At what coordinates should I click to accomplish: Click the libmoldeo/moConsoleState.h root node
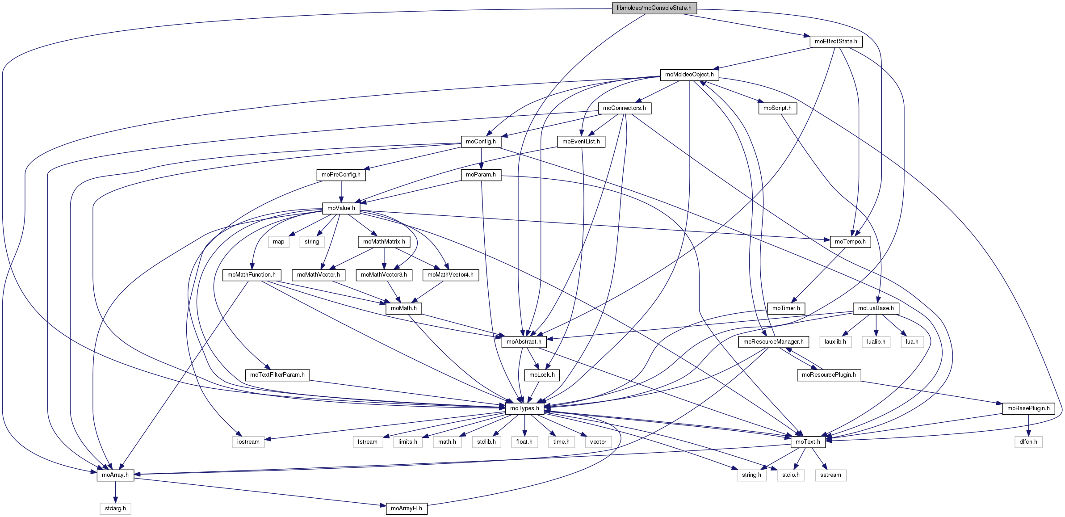[654, 8]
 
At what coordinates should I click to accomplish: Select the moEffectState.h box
[836, 42]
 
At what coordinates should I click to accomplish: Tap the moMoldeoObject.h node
[689, 75]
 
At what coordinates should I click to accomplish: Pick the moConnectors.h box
[624, 108]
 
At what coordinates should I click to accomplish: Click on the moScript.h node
[777, 108]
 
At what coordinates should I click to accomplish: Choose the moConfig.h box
[481, 142]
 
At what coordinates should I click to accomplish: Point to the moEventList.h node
[581, 142]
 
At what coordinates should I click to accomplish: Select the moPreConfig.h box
[341, 175]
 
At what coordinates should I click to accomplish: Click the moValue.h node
[341, 208]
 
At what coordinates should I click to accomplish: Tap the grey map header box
[279, 242]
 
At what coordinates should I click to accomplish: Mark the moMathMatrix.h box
[384, 242]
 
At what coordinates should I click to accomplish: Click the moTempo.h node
[850, 242]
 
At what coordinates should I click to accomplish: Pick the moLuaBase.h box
[876, 308]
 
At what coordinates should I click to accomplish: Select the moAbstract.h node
[524, 342]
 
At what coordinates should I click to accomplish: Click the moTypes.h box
[524, 408]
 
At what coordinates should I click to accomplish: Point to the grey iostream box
[248, 442]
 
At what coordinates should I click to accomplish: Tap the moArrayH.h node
[407, 509]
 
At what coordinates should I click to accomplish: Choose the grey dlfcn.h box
[1028, 442]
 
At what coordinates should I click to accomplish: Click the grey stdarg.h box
[115, 509]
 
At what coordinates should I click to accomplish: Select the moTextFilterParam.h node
[277, 375]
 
